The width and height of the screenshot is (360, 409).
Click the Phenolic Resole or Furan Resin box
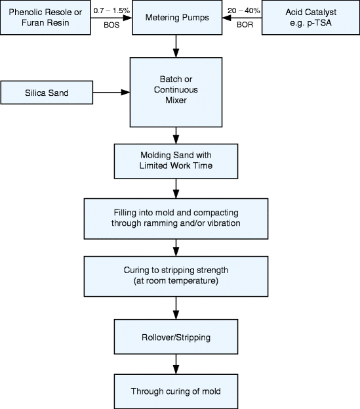[45, 18]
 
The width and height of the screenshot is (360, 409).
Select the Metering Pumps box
[177, 18]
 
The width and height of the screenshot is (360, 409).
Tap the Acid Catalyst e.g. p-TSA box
[311, 18]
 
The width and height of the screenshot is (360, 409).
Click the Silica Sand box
[47, 93]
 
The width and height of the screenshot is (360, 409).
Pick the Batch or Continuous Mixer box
[176, 93]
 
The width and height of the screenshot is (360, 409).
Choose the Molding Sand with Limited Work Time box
[176, 161]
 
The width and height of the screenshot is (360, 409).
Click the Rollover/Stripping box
[176, 337]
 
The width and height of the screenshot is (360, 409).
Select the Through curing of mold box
[176, 391]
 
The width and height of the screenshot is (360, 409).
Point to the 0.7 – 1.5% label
[111, 11]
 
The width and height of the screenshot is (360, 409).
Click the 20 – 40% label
[243, 11]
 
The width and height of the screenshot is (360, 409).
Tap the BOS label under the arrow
[111, 25]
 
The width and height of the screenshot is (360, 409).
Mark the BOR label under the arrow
[245, 25]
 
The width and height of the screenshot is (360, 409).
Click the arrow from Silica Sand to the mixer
[111, 93]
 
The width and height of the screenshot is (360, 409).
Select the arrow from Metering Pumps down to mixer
[176, 46]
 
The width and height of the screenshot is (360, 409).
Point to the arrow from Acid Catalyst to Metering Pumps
[242, 18]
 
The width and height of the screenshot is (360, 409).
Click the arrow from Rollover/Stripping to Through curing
[176, 364]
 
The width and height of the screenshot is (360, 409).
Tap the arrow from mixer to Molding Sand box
[176, 136]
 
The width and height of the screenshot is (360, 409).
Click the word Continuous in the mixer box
[176, 90]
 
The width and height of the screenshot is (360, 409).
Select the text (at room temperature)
[176, 281]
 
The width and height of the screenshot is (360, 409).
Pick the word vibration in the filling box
[224, 223]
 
